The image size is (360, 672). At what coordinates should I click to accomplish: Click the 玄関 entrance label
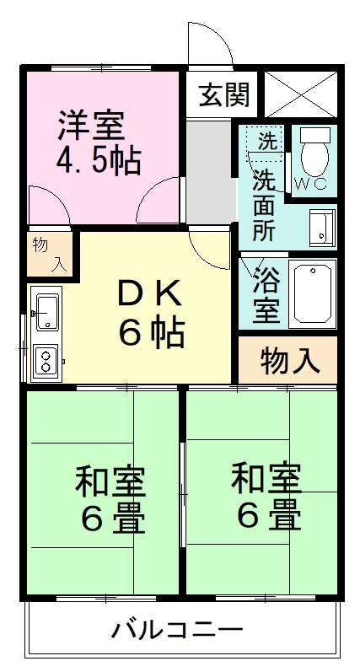(x=223, y=94)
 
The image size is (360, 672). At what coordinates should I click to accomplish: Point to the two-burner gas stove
(x=46, y=361)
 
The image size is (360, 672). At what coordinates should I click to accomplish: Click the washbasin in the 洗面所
(x=320, y=225)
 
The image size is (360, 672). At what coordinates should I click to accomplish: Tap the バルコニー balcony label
(x=177, y=629)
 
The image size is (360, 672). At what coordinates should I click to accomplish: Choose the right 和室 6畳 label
(x=266, y=496)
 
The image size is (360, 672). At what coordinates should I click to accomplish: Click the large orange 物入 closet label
(x=289, y=361)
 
